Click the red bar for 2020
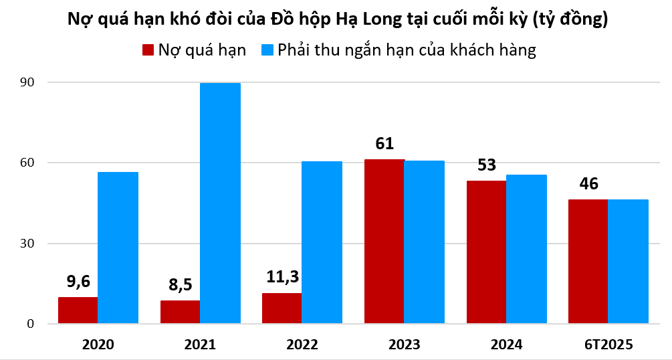click(78, 310)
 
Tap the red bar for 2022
click(282, 308)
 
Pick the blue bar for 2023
click(425, 242)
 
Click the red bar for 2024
click(486, 252)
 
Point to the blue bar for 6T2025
click(629, 262)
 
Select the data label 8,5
click(180, 286)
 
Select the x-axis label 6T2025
click(608, 345)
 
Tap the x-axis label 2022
click(302, 345)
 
